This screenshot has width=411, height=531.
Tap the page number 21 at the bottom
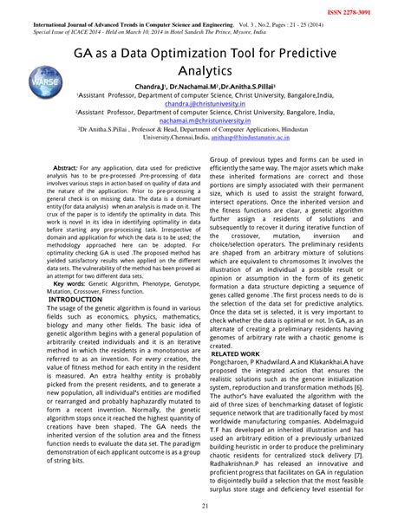(x=205, y=506)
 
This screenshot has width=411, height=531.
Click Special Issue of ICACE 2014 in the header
(x=68, y=23)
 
